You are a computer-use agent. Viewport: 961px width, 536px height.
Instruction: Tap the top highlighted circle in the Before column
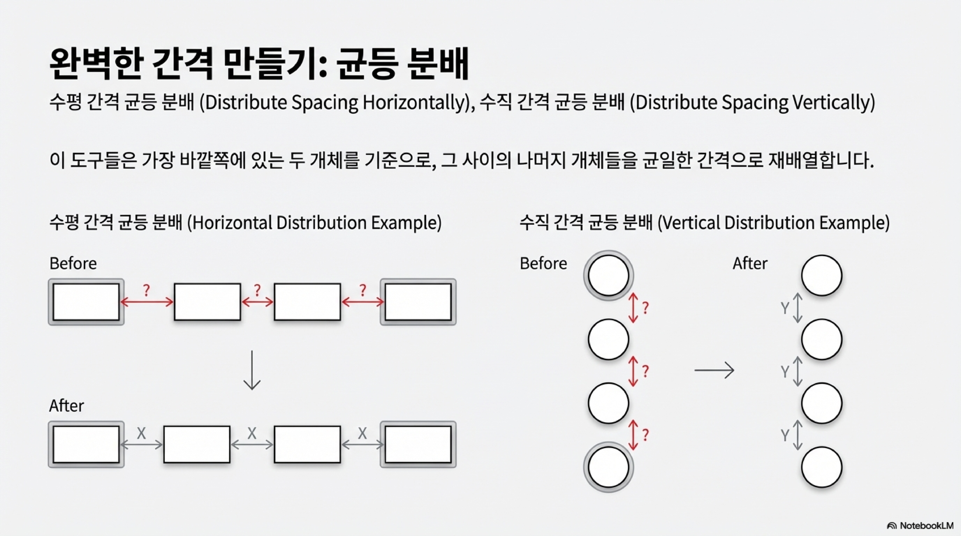(608, 276)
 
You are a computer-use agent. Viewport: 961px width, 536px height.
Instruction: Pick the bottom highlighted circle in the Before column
(608, 467)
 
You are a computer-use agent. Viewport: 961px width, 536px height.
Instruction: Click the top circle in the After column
(822, 276)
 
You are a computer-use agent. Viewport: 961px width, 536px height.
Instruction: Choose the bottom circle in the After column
(822, 467)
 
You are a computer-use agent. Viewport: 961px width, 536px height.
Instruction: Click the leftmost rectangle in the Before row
(86, 302)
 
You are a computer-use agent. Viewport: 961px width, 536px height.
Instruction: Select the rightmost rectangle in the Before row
(418, 302)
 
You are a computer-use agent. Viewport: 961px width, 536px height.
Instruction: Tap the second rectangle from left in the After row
(197, 444)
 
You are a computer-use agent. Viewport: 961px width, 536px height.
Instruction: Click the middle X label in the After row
(252, 433)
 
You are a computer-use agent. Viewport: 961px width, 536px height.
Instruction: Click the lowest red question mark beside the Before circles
(645, 435)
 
